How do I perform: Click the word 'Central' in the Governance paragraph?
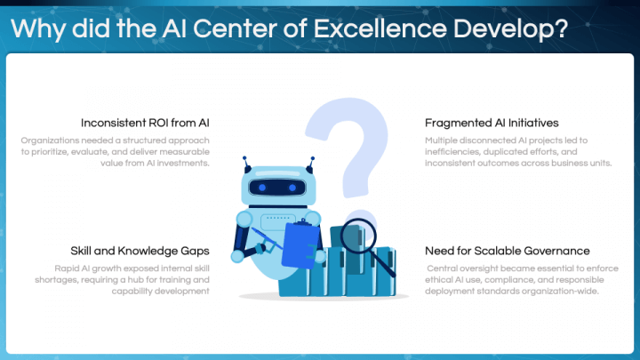click(x=444, y=268)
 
